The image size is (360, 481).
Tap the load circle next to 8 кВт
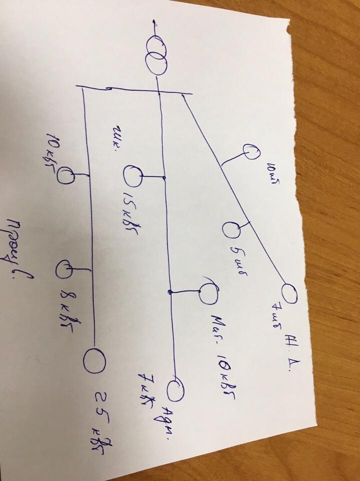click(x=65, y=270)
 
